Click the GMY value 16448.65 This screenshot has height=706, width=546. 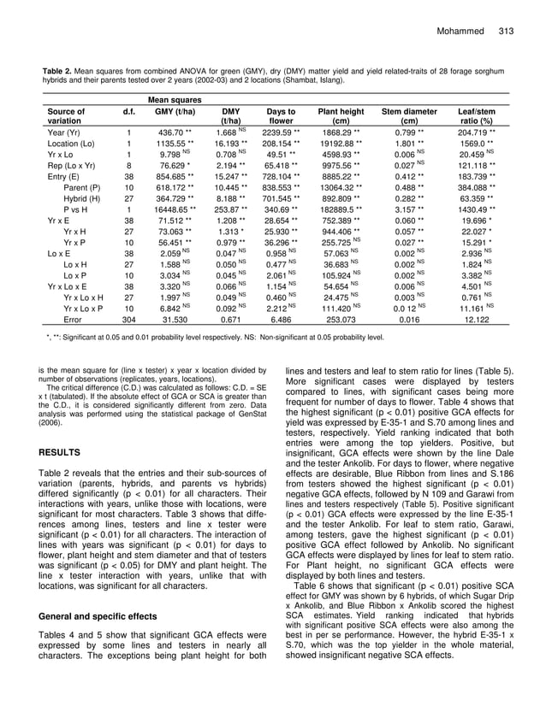(173, 208)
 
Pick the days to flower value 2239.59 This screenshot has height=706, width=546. (279, 133)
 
